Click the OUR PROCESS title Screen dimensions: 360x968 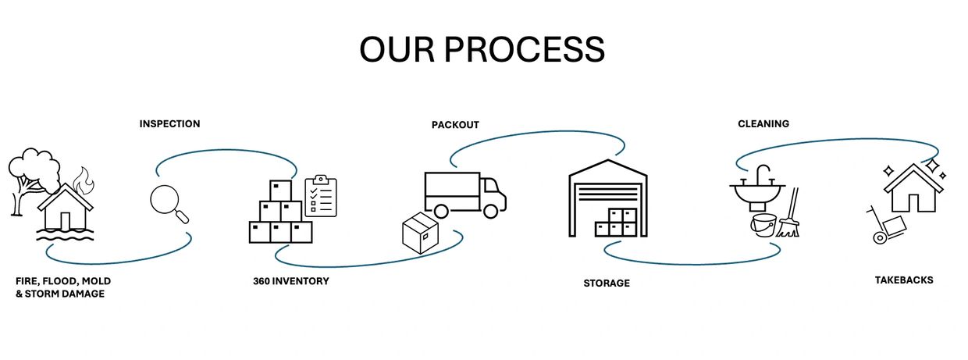(482, 49)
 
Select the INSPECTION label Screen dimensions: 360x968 (169, 123)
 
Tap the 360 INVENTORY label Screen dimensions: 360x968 (290, 281)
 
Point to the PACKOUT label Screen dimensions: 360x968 (455, 125)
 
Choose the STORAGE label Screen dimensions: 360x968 (606, 283)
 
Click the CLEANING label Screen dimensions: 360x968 (763, 123)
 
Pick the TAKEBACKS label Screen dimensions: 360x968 (903, 280)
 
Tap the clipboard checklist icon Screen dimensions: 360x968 (320, 196)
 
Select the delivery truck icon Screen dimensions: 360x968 (464, 194)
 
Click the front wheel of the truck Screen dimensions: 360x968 (490, 211)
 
